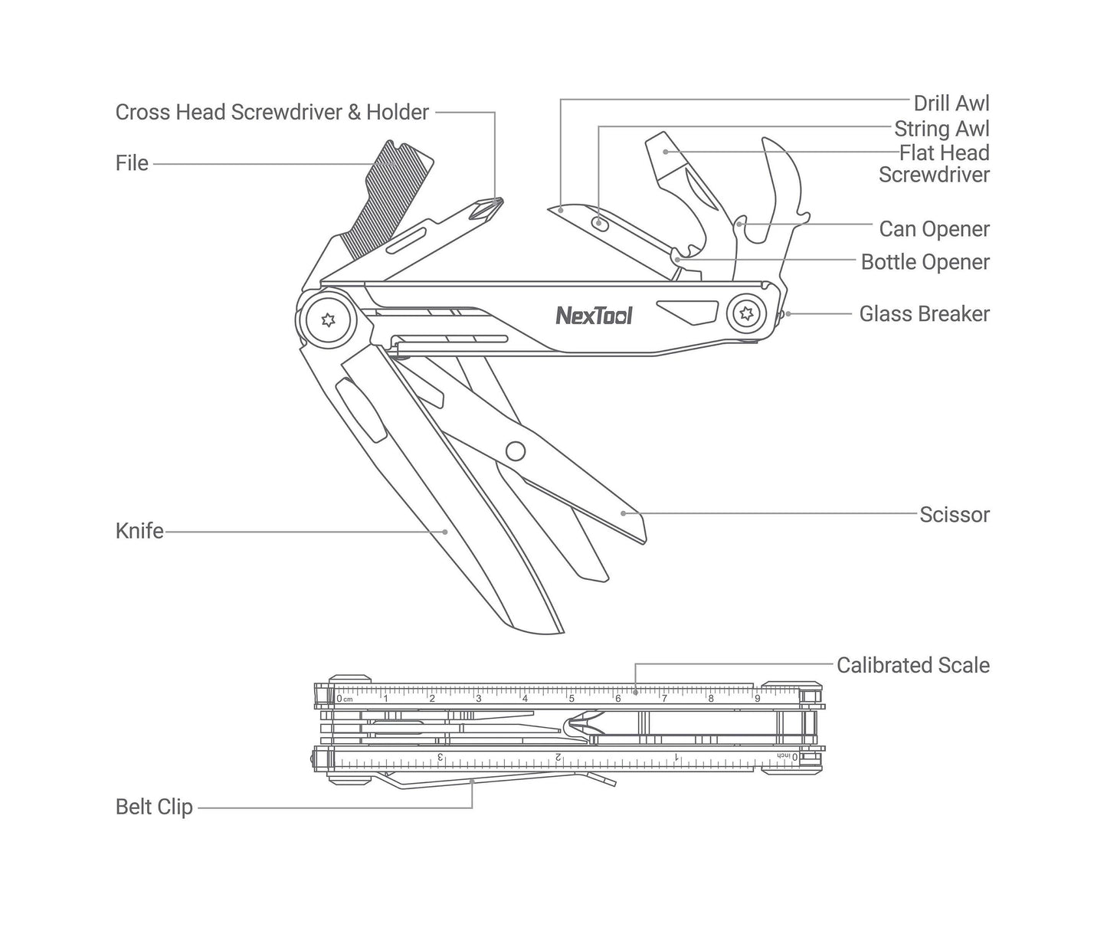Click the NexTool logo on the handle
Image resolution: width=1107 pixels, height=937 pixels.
tap(594, 315)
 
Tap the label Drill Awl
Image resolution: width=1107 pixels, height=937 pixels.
tap(951, 103)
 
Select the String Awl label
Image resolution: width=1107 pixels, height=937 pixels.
tap(942, 129)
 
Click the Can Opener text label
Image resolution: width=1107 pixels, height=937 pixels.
tap(934, 229)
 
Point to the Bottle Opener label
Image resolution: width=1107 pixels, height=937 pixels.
tap(925, 262)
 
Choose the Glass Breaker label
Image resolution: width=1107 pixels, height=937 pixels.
tap(924, 313)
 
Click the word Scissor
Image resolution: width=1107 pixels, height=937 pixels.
tap(954, 514)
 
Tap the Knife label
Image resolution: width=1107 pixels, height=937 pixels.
tap(139, 531)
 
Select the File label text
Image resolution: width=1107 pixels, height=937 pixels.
tap(132, 163)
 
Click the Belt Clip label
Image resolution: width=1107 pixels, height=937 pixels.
tap(154, 807)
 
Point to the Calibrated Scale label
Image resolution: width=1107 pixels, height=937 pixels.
tap(912, 665)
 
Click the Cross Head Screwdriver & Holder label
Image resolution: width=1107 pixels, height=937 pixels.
tap(272, 113)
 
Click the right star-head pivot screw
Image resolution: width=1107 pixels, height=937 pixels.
tap(745, 313)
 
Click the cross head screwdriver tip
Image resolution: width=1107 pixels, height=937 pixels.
tap(487, 206)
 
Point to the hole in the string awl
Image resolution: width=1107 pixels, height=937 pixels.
tap(600, 223)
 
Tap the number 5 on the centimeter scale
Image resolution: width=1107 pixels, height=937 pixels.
tap(571, 698)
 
